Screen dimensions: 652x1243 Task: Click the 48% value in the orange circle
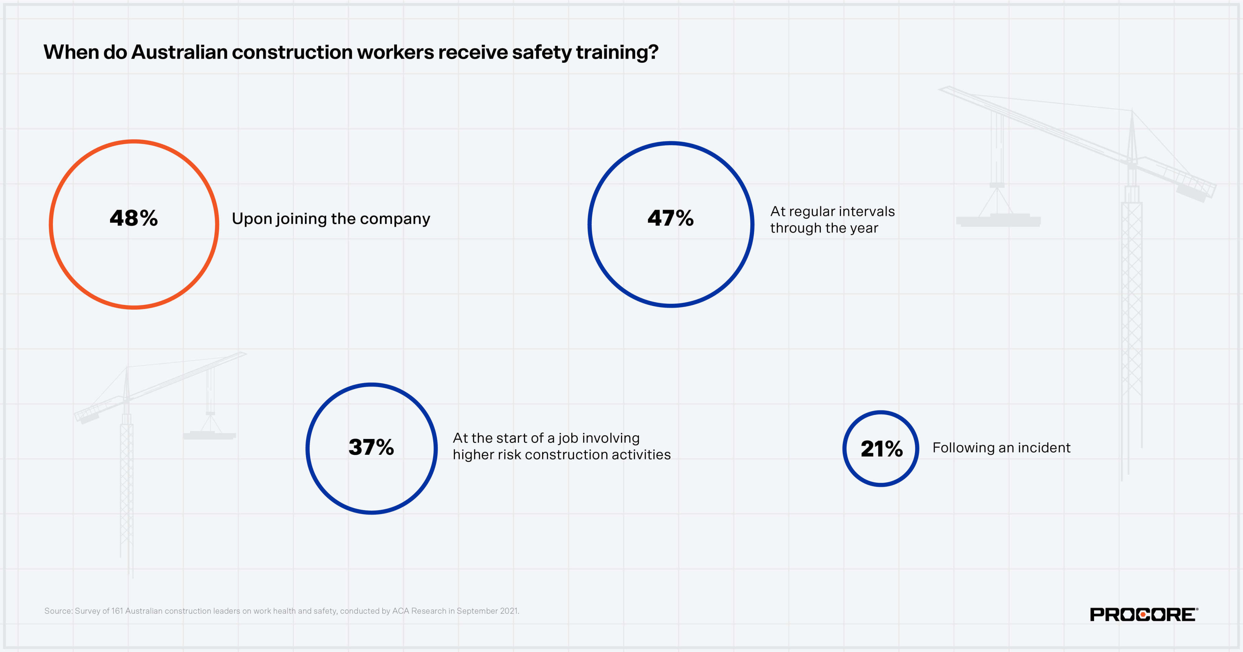tap(134, 218)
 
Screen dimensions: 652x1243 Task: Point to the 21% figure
tap(882, 449)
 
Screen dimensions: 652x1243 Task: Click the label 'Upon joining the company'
tap(330, 219)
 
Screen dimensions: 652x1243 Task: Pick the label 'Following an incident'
tap(1001, 448)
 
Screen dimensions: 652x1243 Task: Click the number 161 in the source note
tap(117, 611)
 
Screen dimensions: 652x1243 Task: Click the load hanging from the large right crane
tap(998, 221)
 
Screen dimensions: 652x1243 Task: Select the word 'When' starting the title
tap(71, 52)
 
